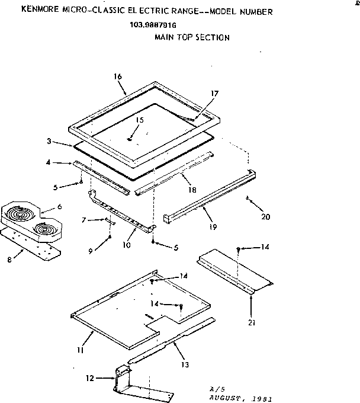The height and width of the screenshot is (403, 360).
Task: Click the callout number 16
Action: click(117, 77)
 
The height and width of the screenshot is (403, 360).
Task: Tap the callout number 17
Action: click(215, 93)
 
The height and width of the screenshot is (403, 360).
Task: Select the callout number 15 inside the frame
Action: click(139, 120)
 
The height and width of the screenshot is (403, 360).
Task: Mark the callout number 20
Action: click(265, 216)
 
